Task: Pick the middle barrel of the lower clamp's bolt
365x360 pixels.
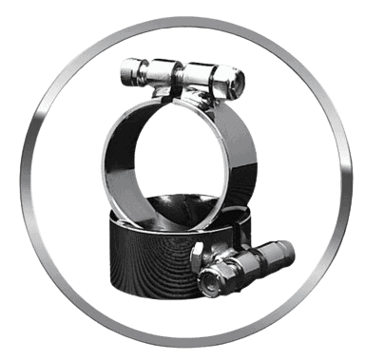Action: click(249, 261)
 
